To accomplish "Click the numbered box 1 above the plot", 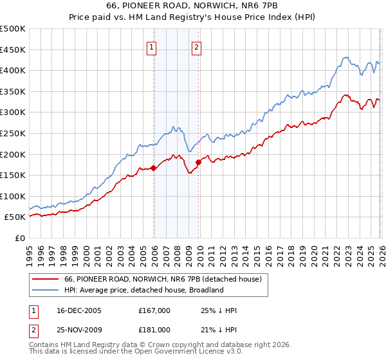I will tap(152, 46).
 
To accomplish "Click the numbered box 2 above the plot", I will tap(196, 46).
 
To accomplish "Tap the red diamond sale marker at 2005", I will tap(154, 168).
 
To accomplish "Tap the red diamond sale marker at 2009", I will tap(198, 162).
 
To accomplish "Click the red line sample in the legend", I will tap(45, 280).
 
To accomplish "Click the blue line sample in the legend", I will tap(45, 290).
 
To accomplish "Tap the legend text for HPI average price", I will tap(143, 290).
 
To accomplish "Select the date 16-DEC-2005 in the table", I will tap(76, 311).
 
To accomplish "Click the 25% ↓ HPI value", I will tap(219, 311).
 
